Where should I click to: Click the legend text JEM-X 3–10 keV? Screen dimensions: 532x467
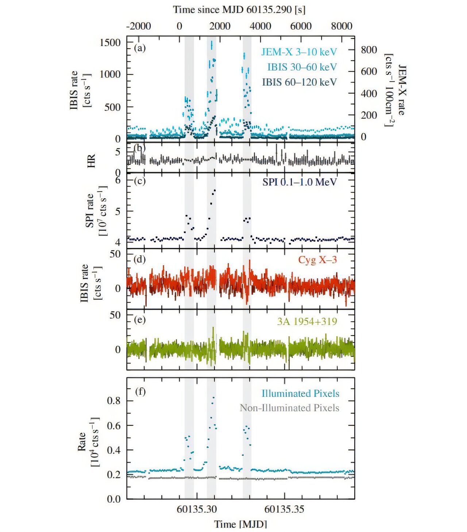[299, 52]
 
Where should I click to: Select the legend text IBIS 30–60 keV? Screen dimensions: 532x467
[302, 67]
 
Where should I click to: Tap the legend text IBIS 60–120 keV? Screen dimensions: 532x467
[299, 82]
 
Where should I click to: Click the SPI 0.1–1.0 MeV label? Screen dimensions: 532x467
[299, 182]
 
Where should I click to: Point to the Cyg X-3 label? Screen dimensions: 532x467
[317, 260]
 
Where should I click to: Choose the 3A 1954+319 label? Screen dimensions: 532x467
[307, 321]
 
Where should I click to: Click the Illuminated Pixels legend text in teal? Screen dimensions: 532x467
[300, 393]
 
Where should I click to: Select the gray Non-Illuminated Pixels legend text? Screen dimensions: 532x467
[289, 408]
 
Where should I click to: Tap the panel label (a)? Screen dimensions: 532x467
[140, 48]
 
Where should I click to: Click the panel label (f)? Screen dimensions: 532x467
[140, 391]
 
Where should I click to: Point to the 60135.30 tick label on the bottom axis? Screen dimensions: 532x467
[197, 509]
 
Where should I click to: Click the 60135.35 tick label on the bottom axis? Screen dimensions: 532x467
[284, 509]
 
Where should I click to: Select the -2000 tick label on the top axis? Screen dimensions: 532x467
[139, 26]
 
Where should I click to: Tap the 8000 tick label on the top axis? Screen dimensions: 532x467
[341, 26]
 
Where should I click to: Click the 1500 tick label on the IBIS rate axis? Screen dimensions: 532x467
[110, 43]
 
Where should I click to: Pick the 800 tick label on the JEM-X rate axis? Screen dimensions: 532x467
[369, 50]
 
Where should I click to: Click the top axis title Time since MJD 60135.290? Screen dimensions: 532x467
[239, 9]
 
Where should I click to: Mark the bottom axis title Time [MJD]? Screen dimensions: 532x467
[240, 524]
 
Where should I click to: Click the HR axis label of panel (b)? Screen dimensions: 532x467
[91, 161]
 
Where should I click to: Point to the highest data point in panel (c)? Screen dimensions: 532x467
[215, 190]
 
